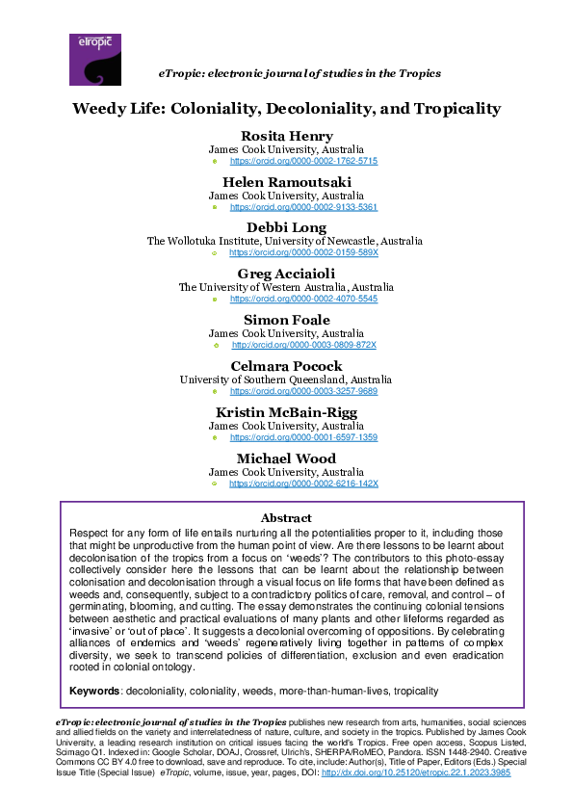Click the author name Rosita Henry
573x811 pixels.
[x=286, y=136]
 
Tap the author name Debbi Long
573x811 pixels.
[x=286, y=227]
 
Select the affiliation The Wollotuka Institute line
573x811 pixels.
[x=286, y=241]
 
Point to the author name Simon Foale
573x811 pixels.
[x=286, y=319]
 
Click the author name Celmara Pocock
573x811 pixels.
[x=286, y=365]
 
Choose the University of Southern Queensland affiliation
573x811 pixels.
[x=286, y=379]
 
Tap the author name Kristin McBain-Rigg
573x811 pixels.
[x=286, y=411]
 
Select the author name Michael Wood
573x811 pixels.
[x=286, y=458]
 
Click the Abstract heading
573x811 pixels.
[x=286, y=518]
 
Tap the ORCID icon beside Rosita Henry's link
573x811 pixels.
[x=214, y=162]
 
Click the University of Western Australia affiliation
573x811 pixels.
[x=286, y=286]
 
